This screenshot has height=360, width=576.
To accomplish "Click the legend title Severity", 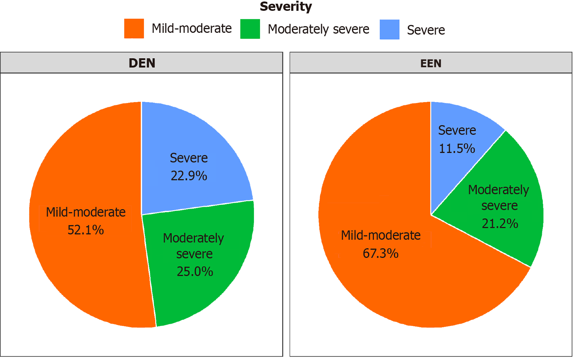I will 286,6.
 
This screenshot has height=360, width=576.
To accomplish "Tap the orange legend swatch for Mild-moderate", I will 134,29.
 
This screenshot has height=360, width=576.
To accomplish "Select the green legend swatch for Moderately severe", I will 250,29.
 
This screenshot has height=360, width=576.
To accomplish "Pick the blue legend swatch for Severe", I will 389,29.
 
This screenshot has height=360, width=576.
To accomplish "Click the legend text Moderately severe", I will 318,29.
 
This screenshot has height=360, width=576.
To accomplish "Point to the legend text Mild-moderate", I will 192,28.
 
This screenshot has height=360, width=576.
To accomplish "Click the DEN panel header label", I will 142,63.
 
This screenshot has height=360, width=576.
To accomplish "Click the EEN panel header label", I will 431,63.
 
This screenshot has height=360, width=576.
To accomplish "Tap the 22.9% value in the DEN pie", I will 189,176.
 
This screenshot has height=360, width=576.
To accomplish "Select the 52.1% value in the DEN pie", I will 86,230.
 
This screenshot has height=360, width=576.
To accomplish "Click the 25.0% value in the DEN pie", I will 195,271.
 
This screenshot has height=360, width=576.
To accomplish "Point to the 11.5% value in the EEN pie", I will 457,149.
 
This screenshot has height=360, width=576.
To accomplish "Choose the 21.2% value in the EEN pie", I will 500,223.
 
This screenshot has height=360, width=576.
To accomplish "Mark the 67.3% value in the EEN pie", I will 380,253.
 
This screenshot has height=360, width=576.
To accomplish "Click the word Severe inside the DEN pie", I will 189,158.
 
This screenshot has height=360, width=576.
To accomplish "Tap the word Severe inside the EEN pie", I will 457,130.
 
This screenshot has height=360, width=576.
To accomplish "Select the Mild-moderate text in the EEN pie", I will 381,235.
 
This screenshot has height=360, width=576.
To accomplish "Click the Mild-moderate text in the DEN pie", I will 86,212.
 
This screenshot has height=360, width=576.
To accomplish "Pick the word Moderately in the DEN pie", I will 193,238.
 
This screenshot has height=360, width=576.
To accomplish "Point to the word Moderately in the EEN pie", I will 499,190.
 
